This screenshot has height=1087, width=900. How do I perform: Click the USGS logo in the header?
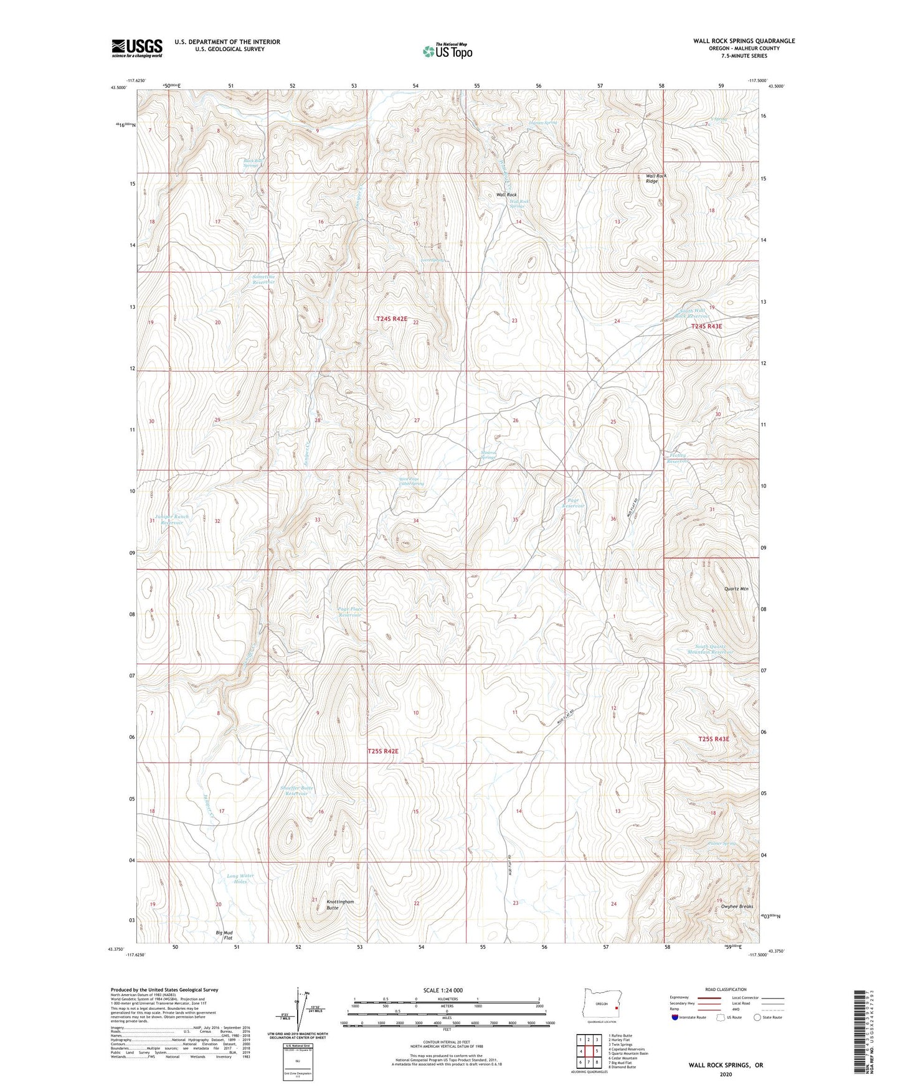pyautogui.click(x=136, y=48)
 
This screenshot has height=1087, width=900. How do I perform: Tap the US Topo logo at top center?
pyautogui.click(x=447, y=51)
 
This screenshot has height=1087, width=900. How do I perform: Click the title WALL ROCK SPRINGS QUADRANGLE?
pyautogui.click(x=744, y=41)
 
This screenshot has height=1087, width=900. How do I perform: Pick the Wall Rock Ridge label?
pyautogui.click(x=656, y=179)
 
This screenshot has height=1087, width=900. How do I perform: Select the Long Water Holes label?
pyautogui.click(x=240, y=878)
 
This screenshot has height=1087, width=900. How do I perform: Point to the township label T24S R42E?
pyautogui.click(x=391, y=319)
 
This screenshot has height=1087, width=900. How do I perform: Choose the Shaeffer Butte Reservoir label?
pyautogui.click(x=297, y=791)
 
